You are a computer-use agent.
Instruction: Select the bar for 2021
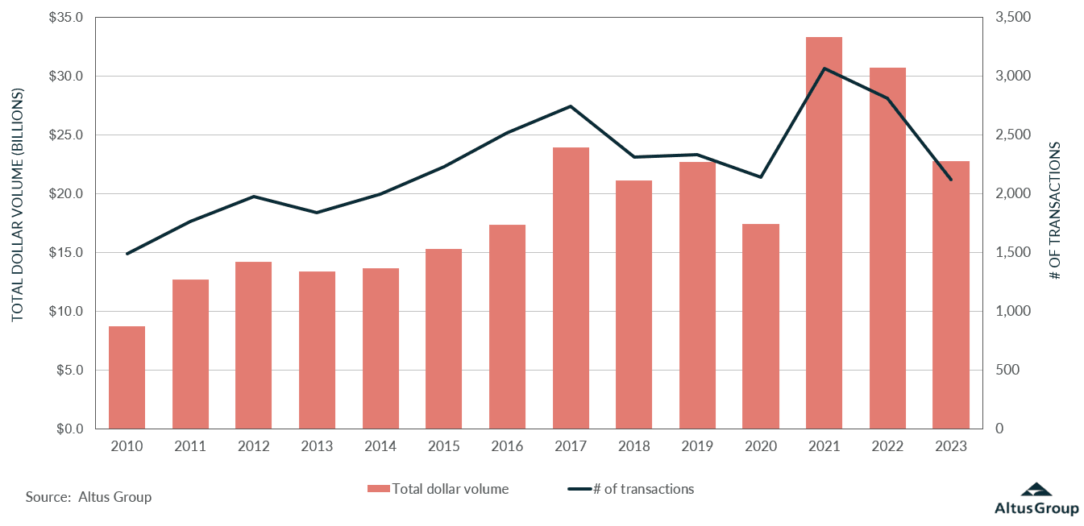pos(824,233)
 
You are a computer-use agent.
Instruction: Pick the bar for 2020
pos(761,326)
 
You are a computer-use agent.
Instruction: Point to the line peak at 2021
pos(824,68)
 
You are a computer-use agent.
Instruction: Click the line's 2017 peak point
pos(571,106)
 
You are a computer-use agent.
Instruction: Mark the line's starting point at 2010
pos(127,254)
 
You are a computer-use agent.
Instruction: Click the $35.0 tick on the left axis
pos(66,18)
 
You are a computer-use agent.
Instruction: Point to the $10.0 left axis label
pos(66,312)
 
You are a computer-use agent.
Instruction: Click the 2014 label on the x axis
pos(380,445)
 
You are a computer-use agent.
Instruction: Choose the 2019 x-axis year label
pos(697,445)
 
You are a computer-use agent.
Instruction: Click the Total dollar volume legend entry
pos(439,489)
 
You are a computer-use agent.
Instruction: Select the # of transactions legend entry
pos(632,489)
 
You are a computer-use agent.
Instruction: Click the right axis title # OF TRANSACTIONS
pos(1055,211)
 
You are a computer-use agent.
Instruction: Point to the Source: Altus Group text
pos(88,497)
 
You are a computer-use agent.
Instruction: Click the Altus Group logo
pos(1036,500)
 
